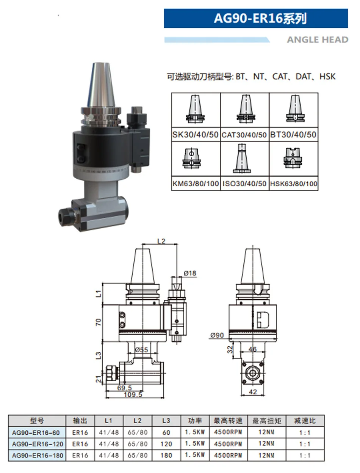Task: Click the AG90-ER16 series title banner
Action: click(x=256, y=18)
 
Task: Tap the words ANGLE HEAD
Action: click(x=318, y=40)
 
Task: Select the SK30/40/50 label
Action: click(x=196, y=135)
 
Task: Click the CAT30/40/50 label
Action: click(x=244, y=135)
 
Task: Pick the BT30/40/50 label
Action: click(x=293, y=135)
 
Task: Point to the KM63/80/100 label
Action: click(x=196, y=184)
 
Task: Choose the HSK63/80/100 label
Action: click(x=294, y=184)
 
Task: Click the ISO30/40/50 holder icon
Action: click(x=242, y=159)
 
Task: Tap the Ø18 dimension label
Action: click(x=190, y=273)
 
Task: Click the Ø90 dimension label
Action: click(x=217, y=335)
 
